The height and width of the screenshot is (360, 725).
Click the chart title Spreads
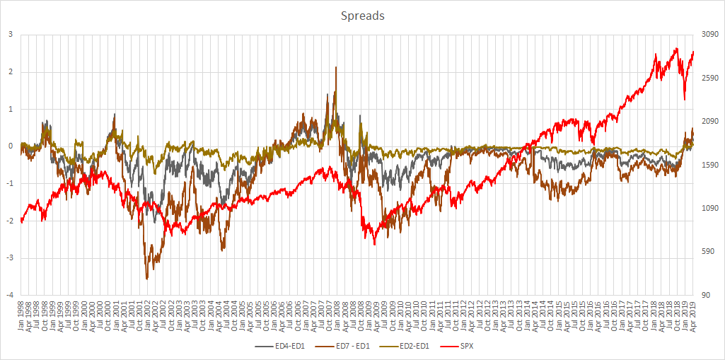pyautogui.click(x=362, y=16)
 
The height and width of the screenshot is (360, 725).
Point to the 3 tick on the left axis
pyautogui.click(x=10, y=34)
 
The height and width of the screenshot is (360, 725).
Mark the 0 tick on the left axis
pyautogui.click(x=10, y=146)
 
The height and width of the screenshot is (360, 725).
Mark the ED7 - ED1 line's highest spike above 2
pyautogui.click(x=336, y=67)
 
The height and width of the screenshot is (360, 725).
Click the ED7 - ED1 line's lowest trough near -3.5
pyautogui.click(x=147, y=279)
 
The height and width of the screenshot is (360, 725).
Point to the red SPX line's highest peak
pyautogui.click(x=677, y=49)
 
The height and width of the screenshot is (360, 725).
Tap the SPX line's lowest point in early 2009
pyautogui.click(x=375, y=244)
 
